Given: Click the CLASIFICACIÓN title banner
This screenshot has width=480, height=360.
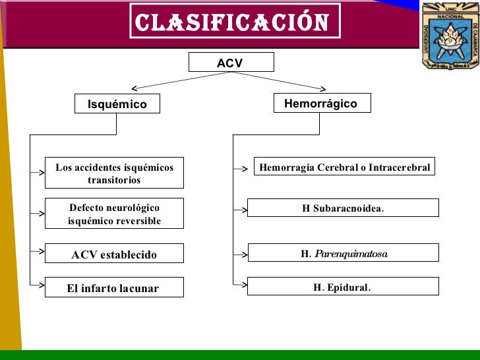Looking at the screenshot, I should coord(234,22).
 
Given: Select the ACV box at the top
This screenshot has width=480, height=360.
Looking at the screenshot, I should coord(231,63).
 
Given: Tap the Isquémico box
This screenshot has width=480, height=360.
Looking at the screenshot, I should coord(117,104).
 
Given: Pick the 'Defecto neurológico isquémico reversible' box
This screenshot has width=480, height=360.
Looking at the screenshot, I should coord(114,214).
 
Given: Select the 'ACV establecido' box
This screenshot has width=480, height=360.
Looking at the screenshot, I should coord(114,255).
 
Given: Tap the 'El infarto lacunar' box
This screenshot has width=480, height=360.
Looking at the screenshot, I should coord(114,288).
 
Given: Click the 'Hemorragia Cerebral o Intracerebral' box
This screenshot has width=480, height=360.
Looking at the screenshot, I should coord(344,167).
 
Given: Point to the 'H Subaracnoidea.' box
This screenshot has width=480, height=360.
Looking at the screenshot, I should coord(342,208).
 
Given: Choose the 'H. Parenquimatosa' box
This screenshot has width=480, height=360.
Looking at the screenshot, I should coord(342,253).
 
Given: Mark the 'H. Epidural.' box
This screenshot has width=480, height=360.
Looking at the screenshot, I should coord(342,287).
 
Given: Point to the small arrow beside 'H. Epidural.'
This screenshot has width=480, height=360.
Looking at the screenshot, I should coord(241,285).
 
